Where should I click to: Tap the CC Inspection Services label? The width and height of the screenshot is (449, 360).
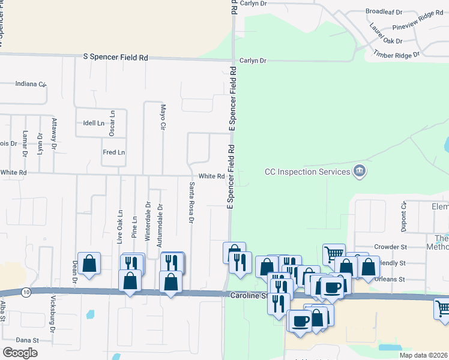[307, 172]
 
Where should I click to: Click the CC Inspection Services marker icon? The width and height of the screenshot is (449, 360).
[360, 171]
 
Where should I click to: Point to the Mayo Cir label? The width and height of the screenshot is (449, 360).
[162, 117]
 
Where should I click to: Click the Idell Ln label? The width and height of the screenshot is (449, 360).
[94, 123]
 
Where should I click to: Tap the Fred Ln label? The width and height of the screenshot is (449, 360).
[113, 152]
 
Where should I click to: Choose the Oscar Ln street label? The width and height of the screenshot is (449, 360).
[112, 122]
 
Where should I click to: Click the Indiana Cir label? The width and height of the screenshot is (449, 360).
[31, 83]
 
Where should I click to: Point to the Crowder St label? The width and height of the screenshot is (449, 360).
[390, 247]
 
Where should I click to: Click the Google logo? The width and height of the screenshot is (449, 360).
[20, 352]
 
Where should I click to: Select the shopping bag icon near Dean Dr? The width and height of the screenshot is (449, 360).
[89, 263]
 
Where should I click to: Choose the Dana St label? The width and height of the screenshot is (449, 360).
[28, 340]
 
